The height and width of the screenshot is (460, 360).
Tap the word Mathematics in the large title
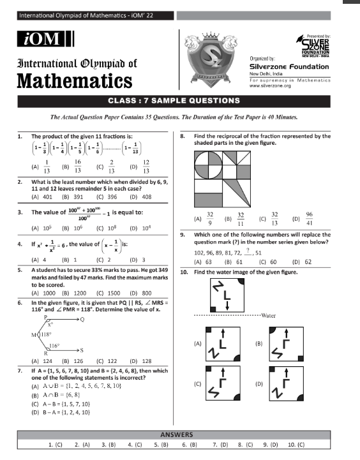click(75, 81)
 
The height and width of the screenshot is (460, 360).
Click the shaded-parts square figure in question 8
click(227, 179)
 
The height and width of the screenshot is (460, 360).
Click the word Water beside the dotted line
click(267, 315)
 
